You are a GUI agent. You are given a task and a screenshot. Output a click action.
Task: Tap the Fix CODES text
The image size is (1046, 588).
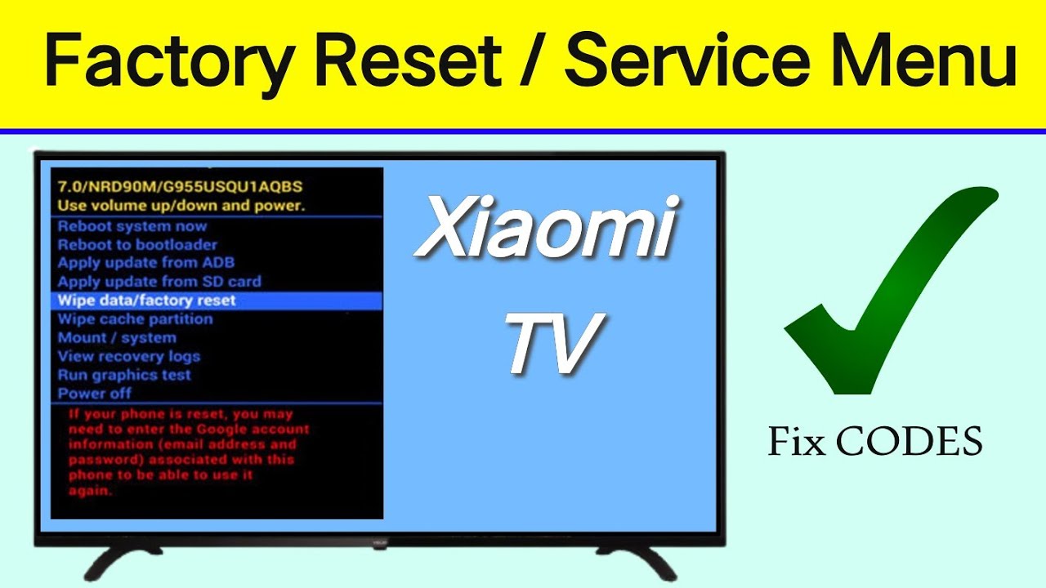pyautogui.click(x=875, y=442)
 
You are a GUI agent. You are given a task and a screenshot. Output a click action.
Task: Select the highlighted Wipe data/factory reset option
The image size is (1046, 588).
pyautogui.click(x=147, y=301)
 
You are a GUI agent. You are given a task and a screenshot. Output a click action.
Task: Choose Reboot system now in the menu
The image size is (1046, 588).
pyautogui.click(x=132, y=226)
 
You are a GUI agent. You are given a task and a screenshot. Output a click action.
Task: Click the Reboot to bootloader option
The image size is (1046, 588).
pyautogui.click(x=137, y=244)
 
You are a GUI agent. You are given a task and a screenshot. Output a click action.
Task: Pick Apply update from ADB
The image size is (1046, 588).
pyautogui.click(x=145, y=263)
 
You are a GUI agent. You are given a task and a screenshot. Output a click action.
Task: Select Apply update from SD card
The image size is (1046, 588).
pyautogui.click(x=159, y=282)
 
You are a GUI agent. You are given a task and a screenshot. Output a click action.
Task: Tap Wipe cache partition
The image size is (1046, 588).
pyautogui.click(x=135, y=319)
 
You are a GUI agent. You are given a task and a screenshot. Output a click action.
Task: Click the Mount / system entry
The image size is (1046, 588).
pyautogui.click(x=117, y=337)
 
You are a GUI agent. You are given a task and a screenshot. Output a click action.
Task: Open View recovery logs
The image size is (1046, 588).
pyautogui.click(x=128, y=356)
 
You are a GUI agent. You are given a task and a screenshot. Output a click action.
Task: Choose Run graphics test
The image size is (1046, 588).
pyautogui.click(x=124, y=375)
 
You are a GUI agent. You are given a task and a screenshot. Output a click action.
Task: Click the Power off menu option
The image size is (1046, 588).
pyautogui.click(x=95, y=394)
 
